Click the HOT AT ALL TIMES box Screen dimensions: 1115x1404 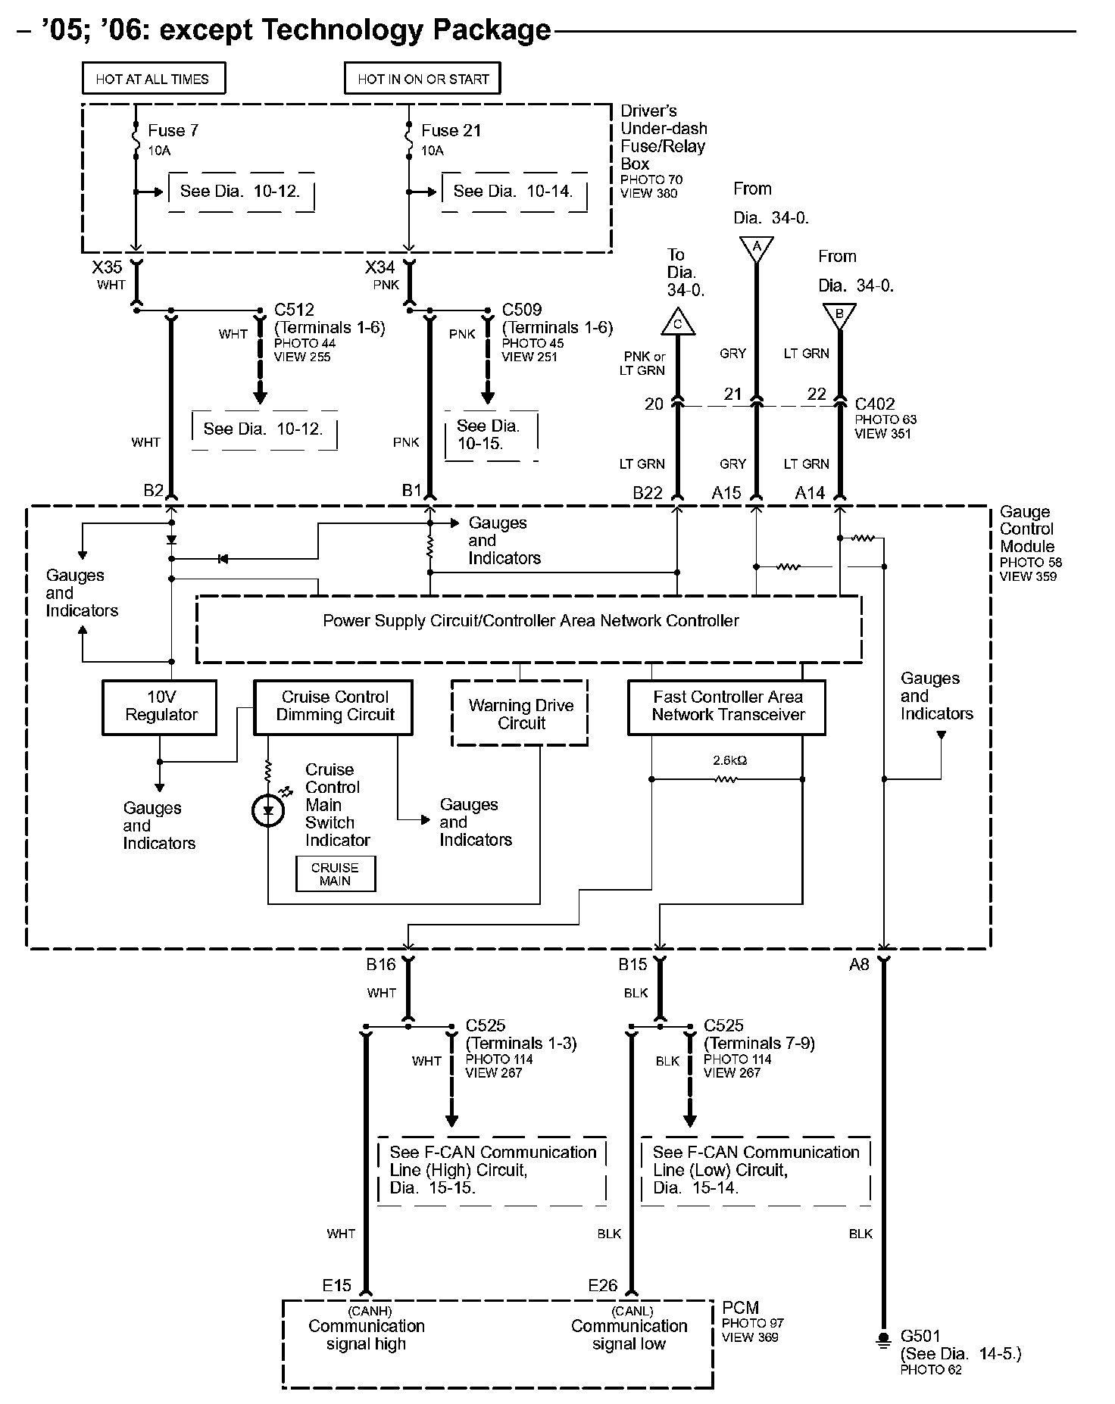154,79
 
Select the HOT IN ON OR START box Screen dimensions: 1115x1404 423,79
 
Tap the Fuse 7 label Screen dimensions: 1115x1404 173,130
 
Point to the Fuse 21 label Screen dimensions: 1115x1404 451,130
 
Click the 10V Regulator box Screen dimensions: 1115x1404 160,707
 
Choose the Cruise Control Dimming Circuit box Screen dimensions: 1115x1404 333,707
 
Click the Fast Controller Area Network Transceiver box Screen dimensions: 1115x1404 726,707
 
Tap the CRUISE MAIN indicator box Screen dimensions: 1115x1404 335,874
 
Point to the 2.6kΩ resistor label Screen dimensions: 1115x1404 729,760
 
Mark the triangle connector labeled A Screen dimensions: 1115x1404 755,248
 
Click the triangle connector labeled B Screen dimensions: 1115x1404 839,316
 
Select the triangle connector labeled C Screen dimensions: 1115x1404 678,323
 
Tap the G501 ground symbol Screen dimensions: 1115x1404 882,1340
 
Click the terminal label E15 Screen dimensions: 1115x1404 337,1285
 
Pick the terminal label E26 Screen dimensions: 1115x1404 603,1285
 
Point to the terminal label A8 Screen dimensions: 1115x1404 859,964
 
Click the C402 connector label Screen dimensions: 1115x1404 875,404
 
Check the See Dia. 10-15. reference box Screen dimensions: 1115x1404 491,435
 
